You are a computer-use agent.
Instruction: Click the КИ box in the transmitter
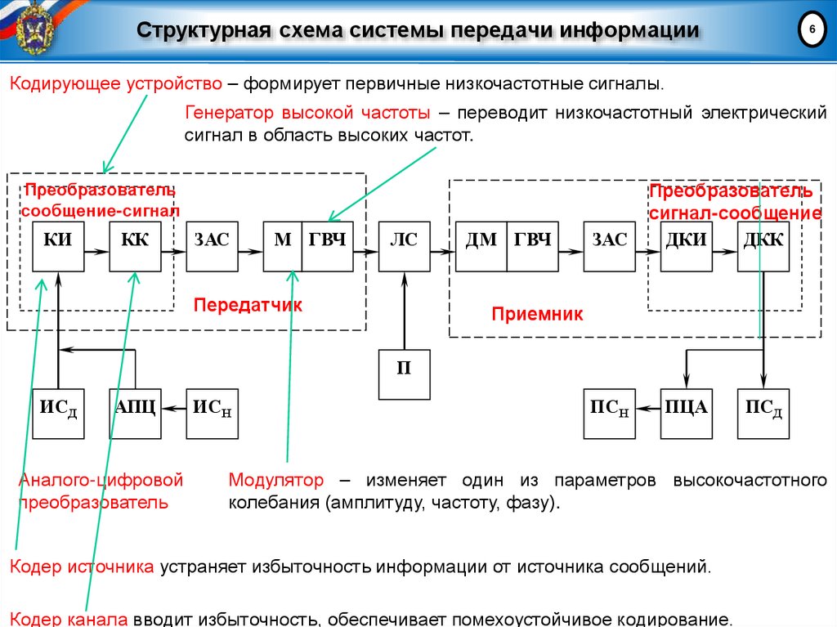click(58, 246)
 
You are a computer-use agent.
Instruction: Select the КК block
click(135, 246)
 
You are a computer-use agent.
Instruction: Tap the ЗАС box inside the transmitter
click(212, 246)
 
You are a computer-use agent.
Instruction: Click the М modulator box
click(283, 246)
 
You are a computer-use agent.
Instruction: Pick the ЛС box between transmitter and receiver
click(404, 246)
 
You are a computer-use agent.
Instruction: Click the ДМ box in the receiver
click(481, 246)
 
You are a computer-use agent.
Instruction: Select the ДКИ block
click(687, 246)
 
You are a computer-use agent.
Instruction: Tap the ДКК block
click(763, 246)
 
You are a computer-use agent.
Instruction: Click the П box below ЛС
click(404, 374)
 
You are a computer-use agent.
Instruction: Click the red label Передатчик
click(248, 305)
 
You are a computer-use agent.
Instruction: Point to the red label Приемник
click(537, 314)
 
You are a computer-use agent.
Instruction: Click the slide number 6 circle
click(812, 31)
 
